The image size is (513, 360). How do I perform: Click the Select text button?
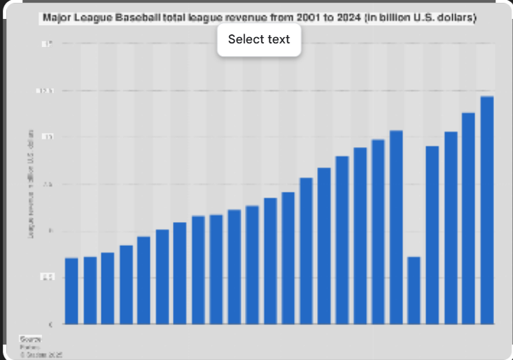[x=259, y=40]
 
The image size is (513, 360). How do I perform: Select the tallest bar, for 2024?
[x=487, y=210]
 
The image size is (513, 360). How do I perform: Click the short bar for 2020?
[x=414, y=290]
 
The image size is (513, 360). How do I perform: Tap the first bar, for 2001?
[x=71, y=291]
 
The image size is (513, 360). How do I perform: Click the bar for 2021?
[x=433, y=235]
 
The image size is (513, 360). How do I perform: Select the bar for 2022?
[x=451, y=228]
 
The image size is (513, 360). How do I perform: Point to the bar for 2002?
[x=90, y=290]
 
